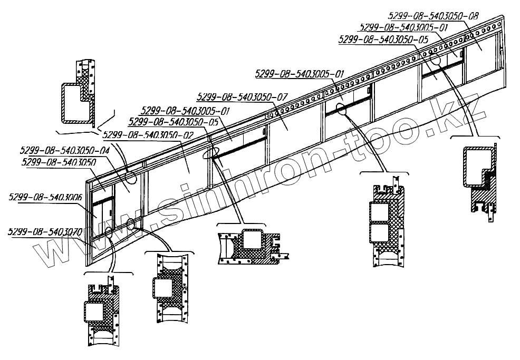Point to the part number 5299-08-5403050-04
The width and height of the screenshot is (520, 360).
click(65, 150)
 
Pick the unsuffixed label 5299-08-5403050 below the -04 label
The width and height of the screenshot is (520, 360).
click(59, 162)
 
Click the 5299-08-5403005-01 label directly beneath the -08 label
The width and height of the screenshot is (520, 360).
click(402, 27)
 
